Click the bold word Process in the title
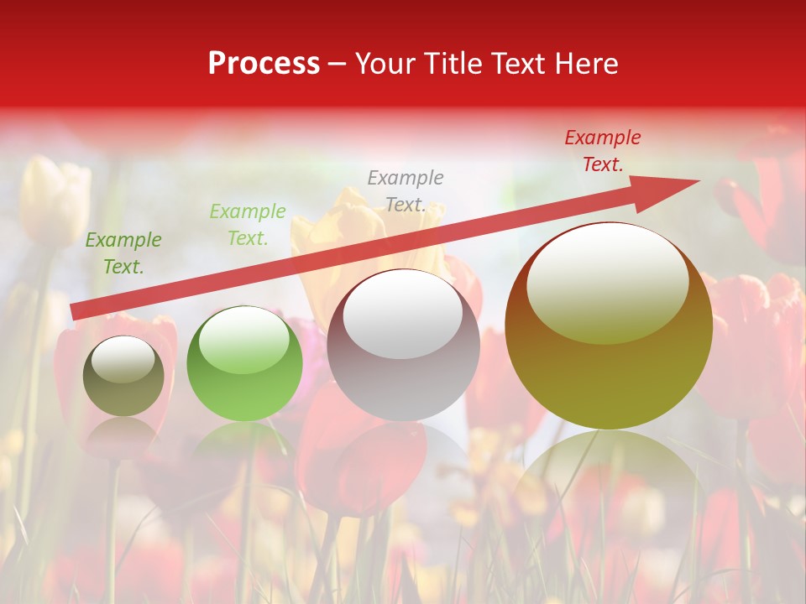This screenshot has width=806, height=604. [x=264, y=64]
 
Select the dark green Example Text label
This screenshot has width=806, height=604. [x=123, y=253]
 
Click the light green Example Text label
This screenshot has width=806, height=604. [x=248, y=225]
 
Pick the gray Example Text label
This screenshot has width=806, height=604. [x=406, y=191]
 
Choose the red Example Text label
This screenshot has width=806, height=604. [x=602, y=151]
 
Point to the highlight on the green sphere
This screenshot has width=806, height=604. [x=244, y=338]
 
